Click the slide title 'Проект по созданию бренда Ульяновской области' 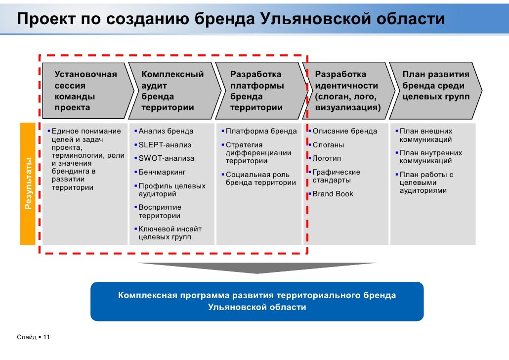[x=231, y=19]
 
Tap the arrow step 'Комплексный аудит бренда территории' [x=173, y=90]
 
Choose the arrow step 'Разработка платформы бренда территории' [x=258, y=90]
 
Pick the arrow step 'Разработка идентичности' [x=347, y=90]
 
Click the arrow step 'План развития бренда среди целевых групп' [x=435, y=86]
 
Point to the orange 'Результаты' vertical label [x=28, y=183]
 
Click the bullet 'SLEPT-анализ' [x=165, y=145]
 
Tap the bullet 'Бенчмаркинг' [x=162, y=173]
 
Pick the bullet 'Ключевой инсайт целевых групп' [x=170, y=233]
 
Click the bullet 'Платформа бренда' [x=261, y=132]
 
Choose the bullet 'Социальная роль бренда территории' [x=260, y=179]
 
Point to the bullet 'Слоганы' [x=328, y=145]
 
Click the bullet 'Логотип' [x=327, y=159]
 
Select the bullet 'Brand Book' [x=333, y=194]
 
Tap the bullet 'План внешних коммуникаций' [x=425, y=135]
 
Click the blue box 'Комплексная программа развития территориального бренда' [x=257, y=301]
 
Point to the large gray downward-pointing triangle [x=257, y=268]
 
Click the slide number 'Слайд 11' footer [x=34, y=337]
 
